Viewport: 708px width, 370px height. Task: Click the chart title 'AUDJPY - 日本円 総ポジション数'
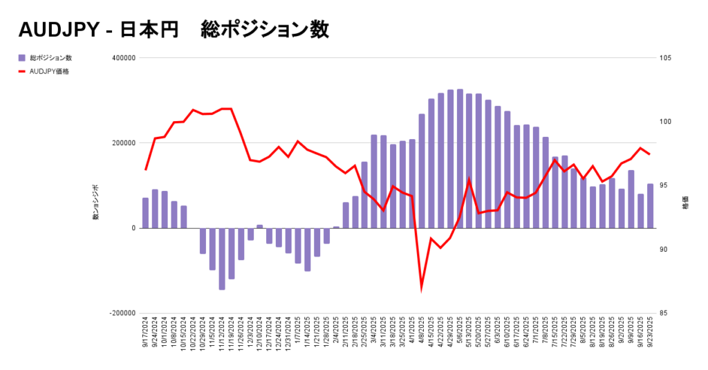point(173,30)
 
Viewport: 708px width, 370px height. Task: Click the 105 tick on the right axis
point(666,58)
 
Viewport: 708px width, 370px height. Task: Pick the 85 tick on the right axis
point(664,313)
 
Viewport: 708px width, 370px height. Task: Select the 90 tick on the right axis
point(664,250)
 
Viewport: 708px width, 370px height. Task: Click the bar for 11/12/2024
point(222,259)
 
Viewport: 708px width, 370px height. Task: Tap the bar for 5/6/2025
point(460,159)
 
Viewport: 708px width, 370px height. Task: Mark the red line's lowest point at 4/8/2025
point(422,288)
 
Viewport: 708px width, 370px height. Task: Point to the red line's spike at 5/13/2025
point(469,180)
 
